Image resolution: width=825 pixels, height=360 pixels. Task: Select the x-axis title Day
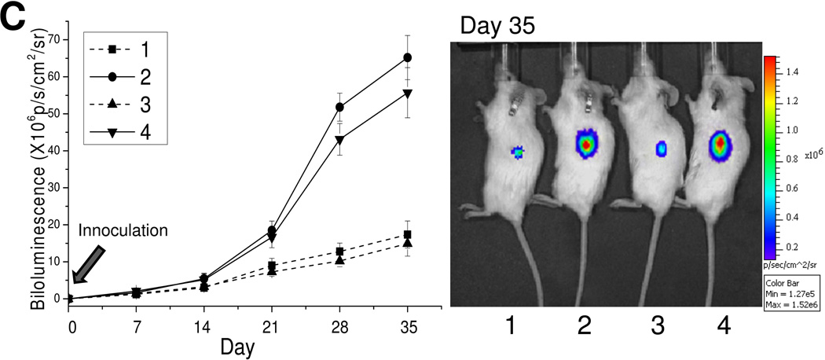[x=236, y=346]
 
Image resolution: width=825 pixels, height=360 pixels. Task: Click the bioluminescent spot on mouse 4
[x=720, y=144]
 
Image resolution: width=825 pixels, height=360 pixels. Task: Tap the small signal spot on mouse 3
[x=661, y=148]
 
